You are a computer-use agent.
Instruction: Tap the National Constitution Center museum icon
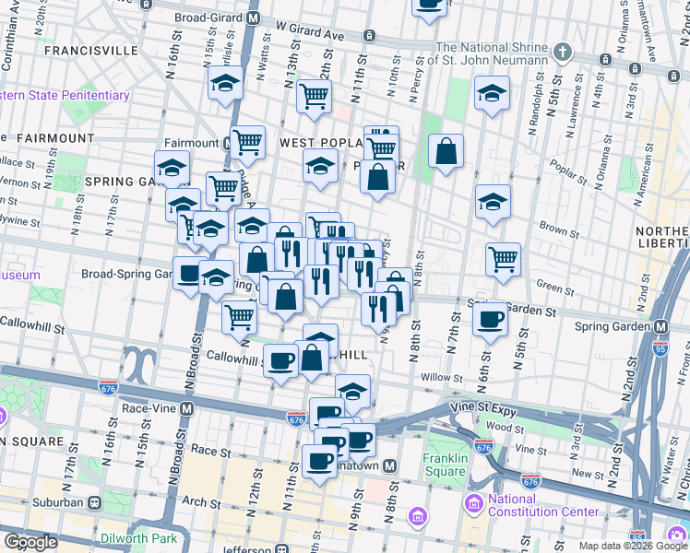click(474, 504)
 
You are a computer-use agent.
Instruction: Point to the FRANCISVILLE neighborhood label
click(83, 49)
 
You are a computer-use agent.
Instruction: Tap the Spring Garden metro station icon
click(661, 326)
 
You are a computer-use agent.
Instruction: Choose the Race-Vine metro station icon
click(187, 407)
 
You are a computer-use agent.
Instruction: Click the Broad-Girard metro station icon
click(255, 18)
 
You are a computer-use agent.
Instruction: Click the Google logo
click(30, 542)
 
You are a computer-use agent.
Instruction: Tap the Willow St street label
click(440, 378)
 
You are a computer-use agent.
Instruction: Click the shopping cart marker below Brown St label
click(503, 259)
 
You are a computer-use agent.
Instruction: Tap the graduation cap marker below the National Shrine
click(493, 92)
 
